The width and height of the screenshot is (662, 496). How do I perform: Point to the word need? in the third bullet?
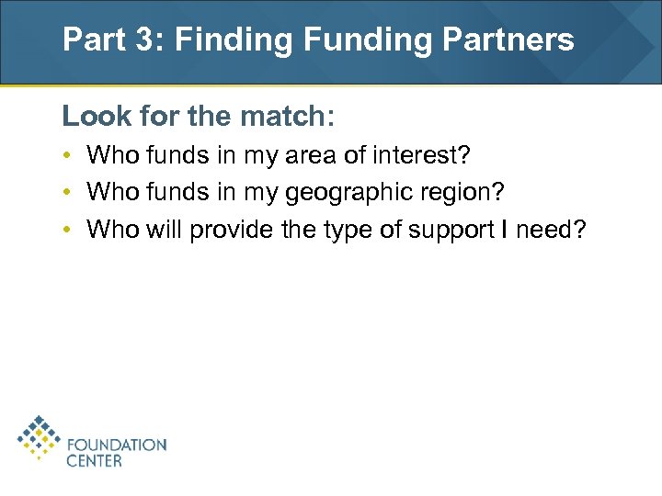point(555,229)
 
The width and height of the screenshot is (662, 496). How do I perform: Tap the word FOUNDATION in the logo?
point(117,445)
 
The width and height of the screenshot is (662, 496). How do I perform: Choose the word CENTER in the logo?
point(94,461)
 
